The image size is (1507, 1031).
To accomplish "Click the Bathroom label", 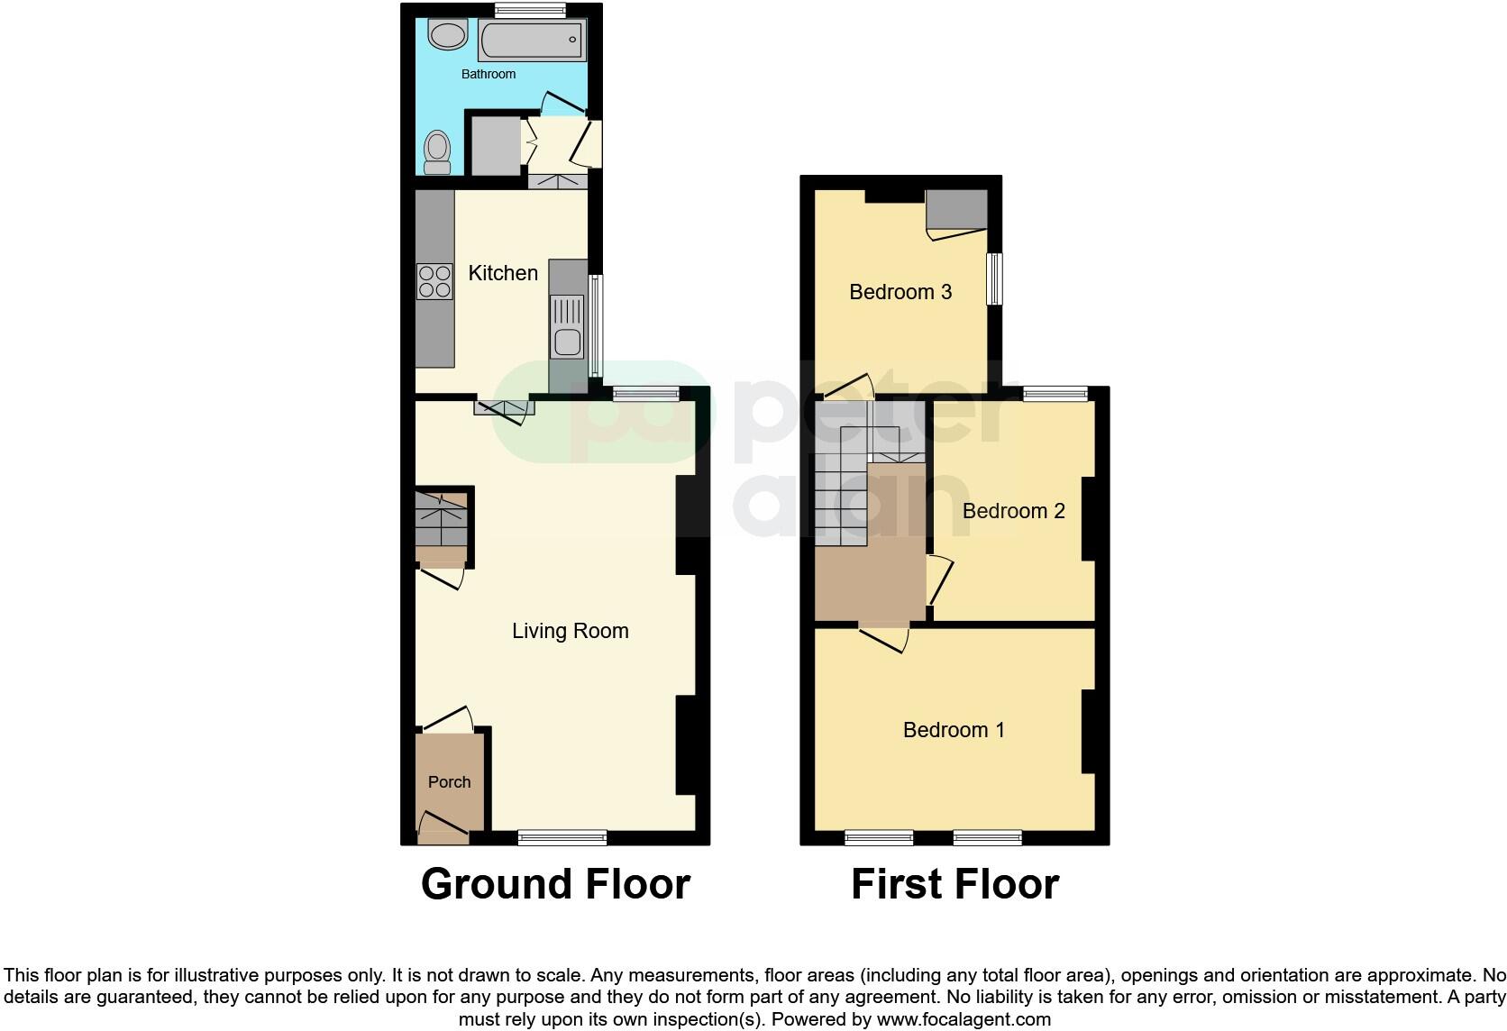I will [x=489, y=74].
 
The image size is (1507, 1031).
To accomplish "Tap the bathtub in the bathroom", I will [x=532, y=41].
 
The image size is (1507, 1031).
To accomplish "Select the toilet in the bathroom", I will [x=438, y=152].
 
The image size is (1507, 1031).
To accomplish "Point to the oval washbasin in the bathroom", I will [x=446, y=36].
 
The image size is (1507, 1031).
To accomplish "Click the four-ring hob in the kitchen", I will [x=434, y=280].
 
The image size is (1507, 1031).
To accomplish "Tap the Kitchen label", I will [x=503, y=273].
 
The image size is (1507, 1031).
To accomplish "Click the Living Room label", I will [x=571, y=631].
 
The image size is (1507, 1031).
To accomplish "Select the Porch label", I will [x=449, y=782].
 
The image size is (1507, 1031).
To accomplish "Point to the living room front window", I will [x=562, y=838].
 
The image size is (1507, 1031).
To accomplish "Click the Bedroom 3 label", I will [x=900, y=292].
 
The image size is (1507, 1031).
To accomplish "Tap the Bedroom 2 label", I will [x=1014, y=512].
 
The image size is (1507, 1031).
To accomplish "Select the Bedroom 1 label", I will [x=954, y=730].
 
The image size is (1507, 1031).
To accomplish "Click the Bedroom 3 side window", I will [x=994, y=278].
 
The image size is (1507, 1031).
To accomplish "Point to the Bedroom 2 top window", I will [x=1055, y=393].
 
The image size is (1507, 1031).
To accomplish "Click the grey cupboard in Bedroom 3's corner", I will [x=957, y=210].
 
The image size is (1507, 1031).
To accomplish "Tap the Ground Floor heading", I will [x=555, y=884].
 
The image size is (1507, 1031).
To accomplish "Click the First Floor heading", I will [x=954, y=884].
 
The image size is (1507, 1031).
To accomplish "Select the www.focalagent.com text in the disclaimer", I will [x=964, y=1019].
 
